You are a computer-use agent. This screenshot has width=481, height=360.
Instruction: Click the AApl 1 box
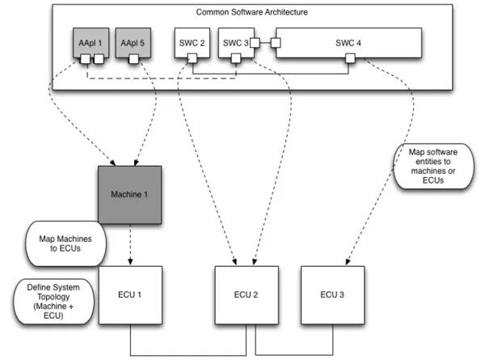pyautogui.click(x=91, y=43)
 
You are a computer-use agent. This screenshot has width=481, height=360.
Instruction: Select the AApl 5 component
pyautogui.click(x=133, y=43)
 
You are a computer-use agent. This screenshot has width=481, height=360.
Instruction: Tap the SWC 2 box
pyautogui.click(x=192, y=43)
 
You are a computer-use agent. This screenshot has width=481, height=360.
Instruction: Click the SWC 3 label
pyautogui.click(x=235, y=43)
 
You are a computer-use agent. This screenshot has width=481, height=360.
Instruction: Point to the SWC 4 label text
pyautogui.click(x=348, y=43)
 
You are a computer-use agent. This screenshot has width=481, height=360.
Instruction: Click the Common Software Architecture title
pyautogui.click(x=252, y=12)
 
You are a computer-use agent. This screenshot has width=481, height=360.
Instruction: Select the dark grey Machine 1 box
pyautogui.click(x=130, y=195)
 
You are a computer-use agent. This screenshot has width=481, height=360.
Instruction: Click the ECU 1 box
pyautogui.click(x=130, y=295)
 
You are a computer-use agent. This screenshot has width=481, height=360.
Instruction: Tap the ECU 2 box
pyautogui.click(x=247, y=295)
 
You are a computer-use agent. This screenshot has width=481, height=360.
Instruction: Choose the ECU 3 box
pyautogui.click(x=333, y=295)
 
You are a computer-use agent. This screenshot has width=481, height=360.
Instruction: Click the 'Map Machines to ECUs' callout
pyautogui.click(x=65, y=244)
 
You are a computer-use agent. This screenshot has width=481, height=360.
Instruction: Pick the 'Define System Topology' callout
pyautogui.click(x=53, y=302)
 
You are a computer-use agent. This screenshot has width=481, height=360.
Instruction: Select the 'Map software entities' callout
pyautogui.click(x=433, y=166)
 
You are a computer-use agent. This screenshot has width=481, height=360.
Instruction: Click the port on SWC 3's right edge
pyautogui.click(x=255, y=43)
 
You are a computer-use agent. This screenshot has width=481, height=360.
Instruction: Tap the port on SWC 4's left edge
pyautogui.click(x=276, y=43)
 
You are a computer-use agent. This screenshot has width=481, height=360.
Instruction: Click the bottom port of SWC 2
pyautogui.click(x=192, y=58)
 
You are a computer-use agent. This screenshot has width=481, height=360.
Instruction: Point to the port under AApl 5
pyautogui.click(x=133, y=58)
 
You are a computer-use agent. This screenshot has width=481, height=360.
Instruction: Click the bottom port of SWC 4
pyautogui.click(x=350, y=58)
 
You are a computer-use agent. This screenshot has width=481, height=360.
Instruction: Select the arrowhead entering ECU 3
pyautogui.click(x=348, y=261)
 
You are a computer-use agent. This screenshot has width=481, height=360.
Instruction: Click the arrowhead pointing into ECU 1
pyautogui.click(x=130, y=262)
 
